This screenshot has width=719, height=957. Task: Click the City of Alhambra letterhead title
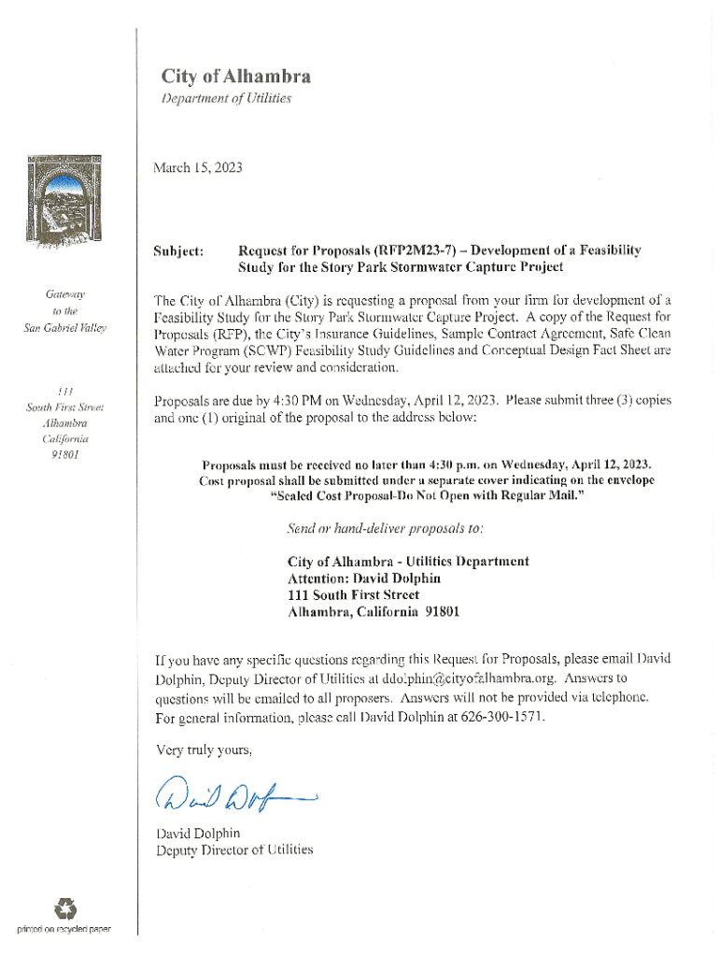(x=235, y=77)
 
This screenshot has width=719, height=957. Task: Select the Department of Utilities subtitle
(x=227, y=98)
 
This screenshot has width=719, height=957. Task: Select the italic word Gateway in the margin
(x=64, y=293)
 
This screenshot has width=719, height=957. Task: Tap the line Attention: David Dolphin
(x=363, y=578)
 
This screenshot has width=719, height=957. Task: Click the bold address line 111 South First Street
(x=353, y=595)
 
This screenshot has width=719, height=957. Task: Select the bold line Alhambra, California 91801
(x=373, y=613)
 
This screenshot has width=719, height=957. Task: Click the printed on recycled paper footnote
(x=63, y=930)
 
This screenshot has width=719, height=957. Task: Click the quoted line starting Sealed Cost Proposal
(x=427, y=496)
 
